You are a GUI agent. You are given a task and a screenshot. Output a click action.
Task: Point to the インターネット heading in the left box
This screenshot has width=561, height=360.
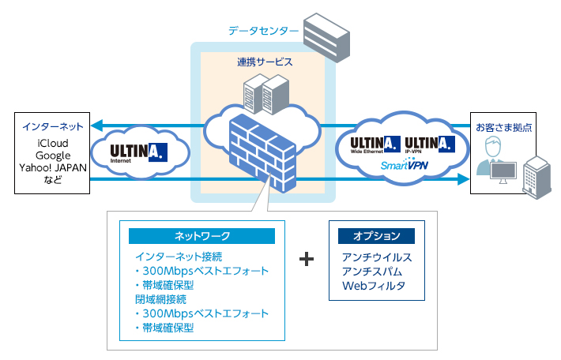(54, 126)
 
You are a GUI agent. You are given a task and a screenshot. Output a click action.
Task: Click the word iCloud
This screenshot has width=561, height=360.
(54, 142)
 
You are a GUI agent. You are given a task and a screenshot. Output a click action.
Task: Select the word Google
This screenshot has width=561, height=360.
(54, 156)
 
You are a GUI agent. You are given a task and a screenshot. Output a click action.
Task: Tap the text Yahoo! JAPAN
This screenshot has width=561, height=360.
(54, 168)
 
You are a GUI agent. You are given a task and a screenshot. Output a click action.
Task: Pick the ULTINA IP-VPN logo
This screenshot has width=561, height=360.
(429, 144)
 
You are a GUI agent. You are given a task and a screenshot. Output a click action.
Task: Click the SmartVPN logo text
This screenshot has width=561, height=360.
(404, 166)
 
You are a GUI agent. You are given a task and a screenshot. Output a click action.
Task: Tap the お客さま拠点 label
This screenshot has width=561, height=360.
(503, 126)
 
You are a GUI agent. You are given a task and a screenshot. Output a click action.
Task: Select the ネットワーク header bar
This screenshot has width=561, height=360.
(201, 236)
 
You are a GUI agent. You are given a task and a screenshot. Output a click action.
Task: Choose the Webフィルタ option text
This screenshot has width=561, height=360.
(373, 286)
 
